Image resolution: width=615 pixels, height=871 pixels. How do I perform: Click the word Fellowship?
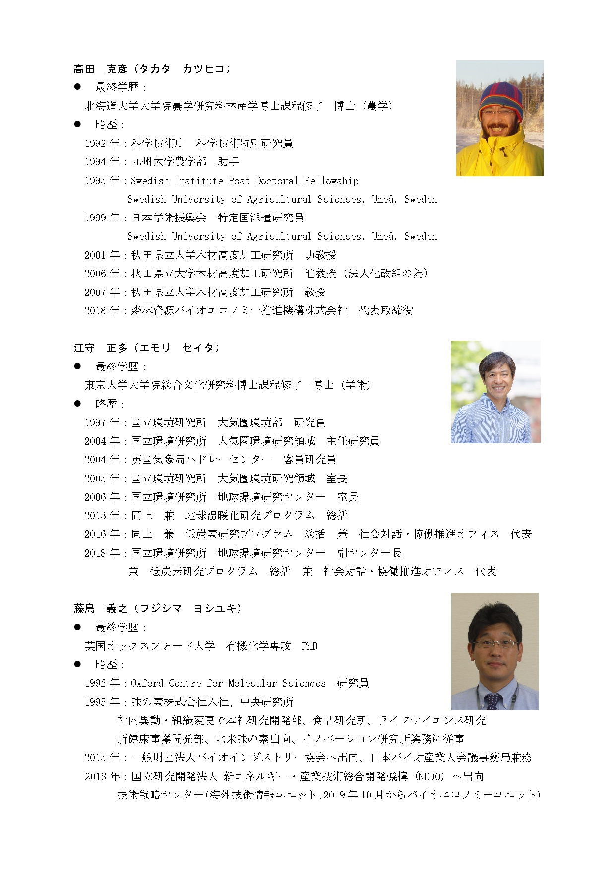click(331, 181)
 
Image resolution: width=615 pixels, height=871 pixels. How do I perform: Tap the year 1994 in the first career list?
click(95, 162)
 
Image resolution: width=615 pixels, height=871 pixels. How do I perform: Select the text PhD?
click(309, 646)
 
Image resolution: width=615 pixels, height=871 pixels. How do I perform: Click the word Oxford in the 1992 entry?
click(147, 683)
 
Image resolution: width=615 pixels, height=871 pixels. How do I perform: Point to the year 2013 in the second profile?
click(95, 515)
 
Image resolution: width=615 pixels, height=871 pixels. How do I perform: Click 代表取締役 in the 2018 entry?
click(385, 311)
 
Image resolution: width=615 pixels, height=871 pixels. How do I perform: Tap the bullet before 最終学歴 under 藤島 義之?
click(77, 627)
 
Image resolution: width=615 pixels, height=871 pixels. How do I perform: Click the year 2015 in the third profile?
click(95, 758)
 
